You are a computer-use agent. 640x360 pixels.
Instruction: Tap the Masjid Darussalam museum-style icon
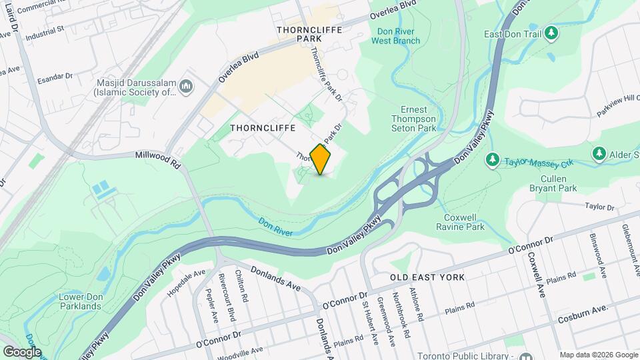click(x=186, y=86)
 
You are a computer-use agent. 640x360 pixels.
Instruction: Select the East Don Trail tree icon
click(x=551, y=32)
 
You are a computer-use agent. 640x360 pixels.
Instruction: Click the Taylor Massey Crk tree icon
click(x=493, y=160)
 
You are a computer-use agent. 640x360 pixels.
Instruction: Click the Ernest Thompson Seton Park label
click(x=418, y=119)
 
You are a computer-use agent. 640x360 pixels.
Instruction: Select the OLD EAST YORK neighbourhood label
click(x=427, y=276)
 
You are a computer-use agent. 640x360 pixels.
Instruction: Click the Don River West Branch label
click(x=395, y=36)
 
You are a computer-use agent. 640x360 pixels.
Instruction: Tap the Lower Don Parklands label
click(x=80, y=301)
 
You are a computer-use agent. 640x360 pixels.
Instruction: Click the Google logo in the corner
click(x=22, y=351)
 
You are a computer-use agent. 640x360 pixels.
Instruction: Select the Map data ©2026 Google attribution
click(x=597, y=355)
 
